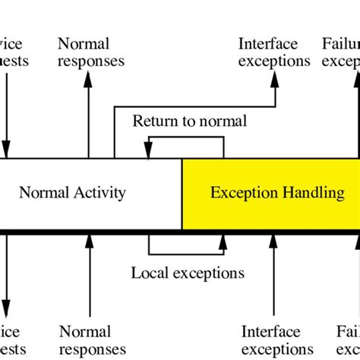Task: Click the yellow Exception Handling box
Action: [270, 194]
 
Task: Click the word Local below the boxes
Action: [148, 273]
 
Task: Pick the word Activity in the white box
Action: [98, 193]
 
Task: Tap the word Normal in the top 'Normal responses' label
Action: [84, 45]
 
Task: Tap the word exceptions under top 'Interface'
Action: [274, 61]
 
